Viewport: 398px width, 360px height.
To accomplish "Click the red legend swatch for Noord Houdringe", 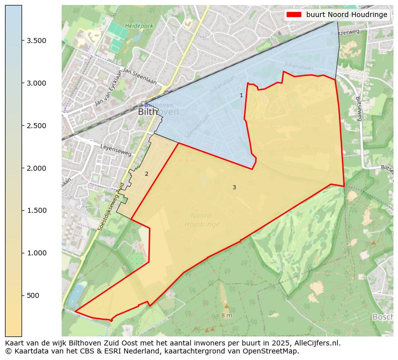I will (x=294, y=15).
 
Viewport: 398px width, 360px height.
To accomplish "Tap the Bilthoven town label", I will (x=158, y=112).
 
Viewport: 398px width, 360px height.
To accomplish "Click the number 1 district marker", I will (x=241, y=95).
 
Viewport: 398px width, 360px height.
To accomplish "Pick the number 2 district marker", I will (x=146, y=174).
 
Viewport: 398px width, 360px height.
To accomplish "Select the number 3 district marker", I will (x=234, y=187).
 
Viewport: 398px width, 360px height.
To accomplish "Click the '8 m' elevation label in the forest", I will (x=227, y=315).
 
